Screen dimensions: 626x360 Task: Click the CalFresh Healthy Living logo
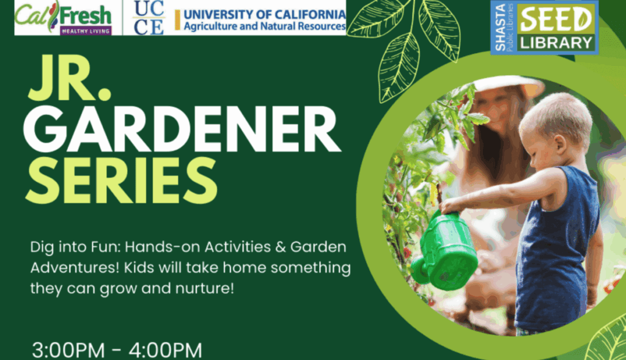pyautogui.click(x=63, y=18)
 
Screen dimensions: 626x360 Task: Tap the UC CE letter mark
pyautogui.click(x=149, y=18)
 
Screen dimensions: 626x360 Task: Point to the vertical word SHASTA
pyautogui.click(x=500, y=28)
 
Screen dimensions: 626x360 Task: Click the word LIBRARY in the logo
pyautogui.click(x=556, y=43)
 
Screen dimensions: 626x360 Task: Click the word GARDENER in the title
pyautogui.click(x=182, y=130)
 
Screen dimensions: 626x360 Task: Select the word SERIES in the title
pyautogui.click(x=122, y=180)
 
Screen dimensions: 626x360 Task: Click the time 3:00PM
pyautogui.click(x=68, y=350)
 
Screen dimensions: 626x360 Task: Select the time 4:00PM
pyautogui.click(x=165, y=350)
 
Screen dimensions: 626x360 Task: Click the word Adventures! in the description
pyautogui.click(x=75, y=268)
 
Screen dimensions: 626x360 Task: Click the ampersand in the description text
pyautogui.click(x=281, y=247)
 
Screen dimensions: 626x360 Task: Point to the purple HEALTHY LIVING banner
pyautogui.click(x=86, y=31)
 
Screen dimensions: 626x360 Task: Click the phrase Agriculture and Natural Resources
pyautogui.click(x=265, y=26)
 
